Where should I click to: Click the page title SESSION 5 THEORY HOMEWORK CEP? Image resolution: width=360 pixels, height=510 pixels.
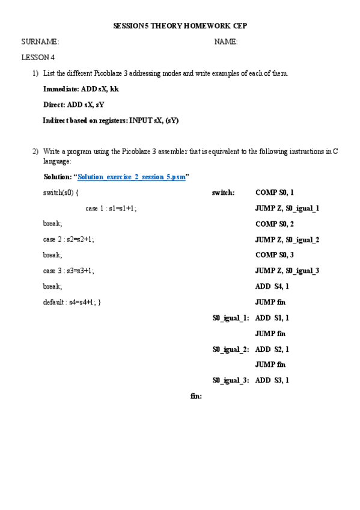click(x=180, y=26)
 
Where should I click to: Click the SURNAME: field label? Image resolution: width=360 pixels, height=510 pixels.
click(x=40, y=41)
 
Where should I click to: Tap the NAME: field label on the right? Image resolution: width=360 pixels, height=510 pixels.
click(x=226, y=41)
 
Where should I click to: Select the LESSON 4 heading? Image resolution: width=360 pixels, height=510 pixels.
click(x=38, y=58)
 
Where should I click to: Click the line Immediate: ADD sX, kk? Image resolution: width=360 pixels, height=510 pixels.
click(x=81, y=89)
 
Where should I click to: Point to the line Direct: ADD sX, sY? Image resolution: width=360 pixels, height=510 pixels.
click(x=74, y=105)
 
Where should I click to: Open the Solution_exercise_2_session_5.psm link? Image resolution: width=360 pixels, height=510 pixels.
click(x=132, y=177)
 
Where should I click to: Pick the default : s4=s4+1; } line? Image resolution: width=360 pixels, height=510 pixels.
click(x=72, y=302)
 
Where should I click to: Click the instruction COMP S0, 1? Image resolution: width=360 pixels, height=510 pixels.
click(x=275, y=192)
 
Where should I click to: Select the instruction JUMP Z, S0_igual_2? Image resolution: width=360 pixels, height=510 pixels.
click(x=287, y=239)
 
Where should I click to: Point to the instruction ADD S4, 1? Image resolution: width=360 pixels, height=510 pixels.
click(x=272, y=286)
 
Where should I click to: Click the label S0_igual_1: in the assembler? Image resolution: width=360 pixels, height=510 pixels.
click(x=230, y=318)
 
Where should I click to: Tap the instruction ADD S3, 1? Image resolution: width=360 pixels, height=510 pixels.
click(x=272, y=380)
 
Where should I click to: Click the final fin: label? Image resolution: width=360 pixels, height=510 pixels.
click(x=196, y=396)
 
